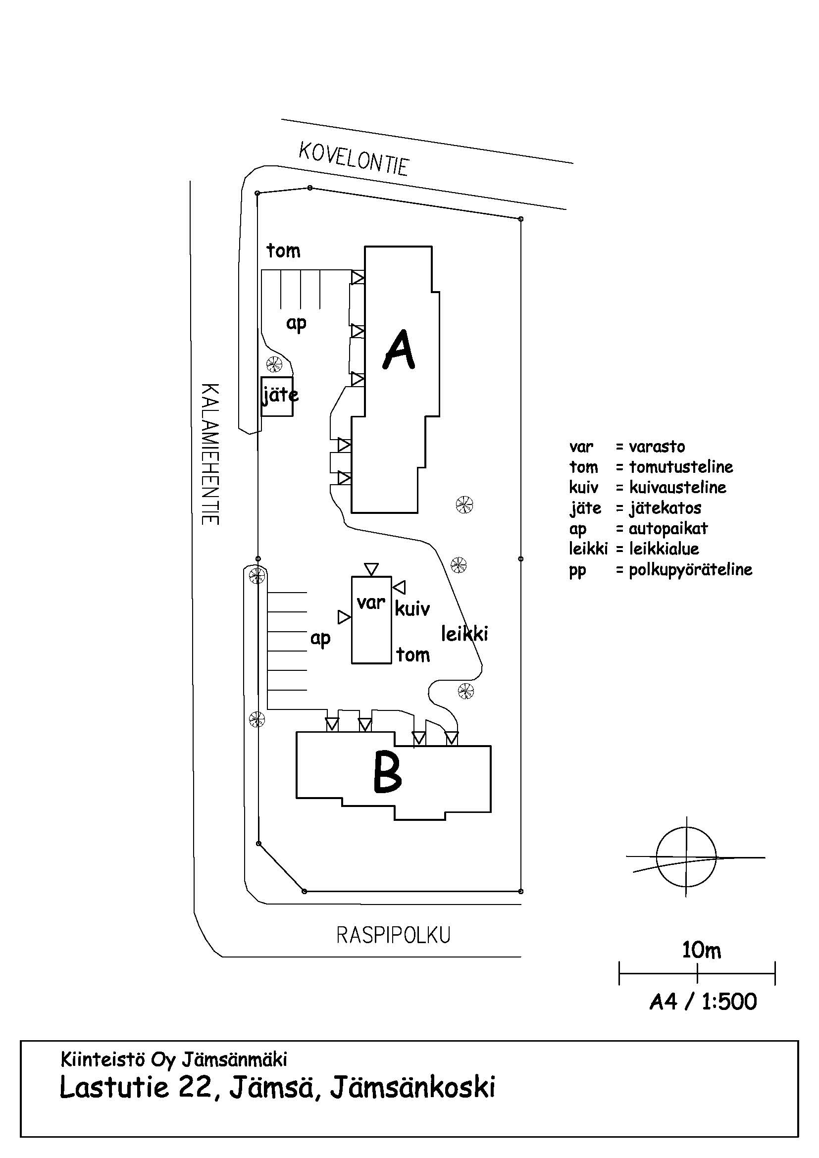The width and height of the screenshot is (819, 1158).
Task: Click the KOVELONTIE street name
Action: (x=354, y=158)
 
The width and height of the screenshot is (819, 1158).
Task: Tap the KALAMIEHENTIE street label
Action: (x=210, y=454)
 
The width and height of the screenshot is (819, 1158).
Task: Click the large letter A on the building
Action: (x=400, y=350)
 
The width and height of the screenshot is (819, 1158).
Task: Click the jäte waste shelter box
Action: (x=277, y=397)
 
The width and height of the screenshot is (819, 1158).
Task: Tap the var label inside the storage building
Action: (x=371, y=603)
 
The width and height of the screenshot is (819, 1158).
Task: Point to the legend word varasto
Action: (x=657, y=447)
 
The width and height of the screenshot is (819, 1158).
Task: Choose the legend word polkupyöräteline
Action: (x=690, y=570)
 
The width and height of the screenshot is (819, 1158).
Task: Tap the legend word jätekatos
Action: (x=665, y=508)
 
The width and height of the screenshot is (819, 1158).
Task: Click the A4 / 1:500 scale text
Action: (x=703, y=1002)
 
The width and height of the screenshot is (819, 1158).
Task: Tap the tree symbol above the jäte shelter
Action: (x=274, y=362)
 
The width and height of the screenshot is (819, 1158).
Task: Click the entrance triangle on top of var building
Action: (x=371, y=569)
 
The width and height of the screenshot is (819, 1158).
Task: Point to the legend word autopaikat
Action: (x=668, y=529)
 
